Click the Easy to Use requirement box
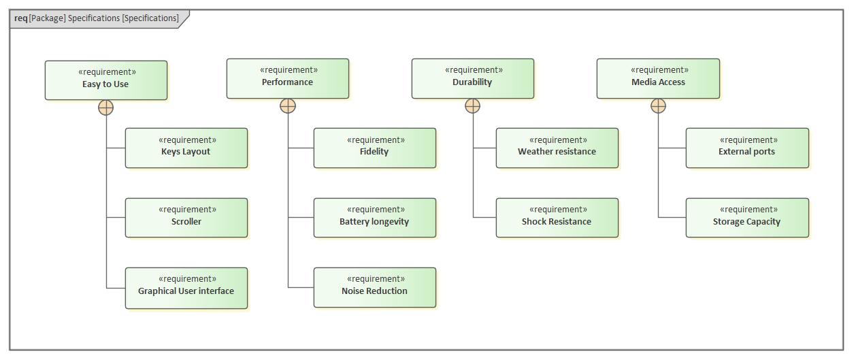point(105,80)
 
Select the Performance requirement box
point(287,78)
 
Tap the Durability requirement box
point(472,78)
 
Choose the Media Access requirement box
point(658,78)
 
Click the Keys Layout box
point(186,148)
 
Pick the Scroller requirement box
point(186,218)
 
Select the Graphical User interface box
point(186,288)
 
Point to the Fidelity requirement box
point(374,148)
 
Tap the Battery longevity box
point(374,218)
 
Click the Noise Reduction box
point(374,288)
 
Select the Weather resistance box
point(557,148)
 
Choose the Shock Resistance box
point(557,218)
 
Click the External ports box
point(747,148)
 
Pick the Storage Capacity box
point(747,218)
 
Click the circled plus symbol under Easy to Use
point(106,108)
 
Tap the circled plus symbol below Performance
point(288,105)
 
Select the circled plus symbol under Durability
point(473,105)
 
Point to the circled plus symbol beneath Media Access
point(658,105)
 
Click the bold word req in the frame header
point(20,18)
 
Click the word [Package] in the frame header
point(47,18)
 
